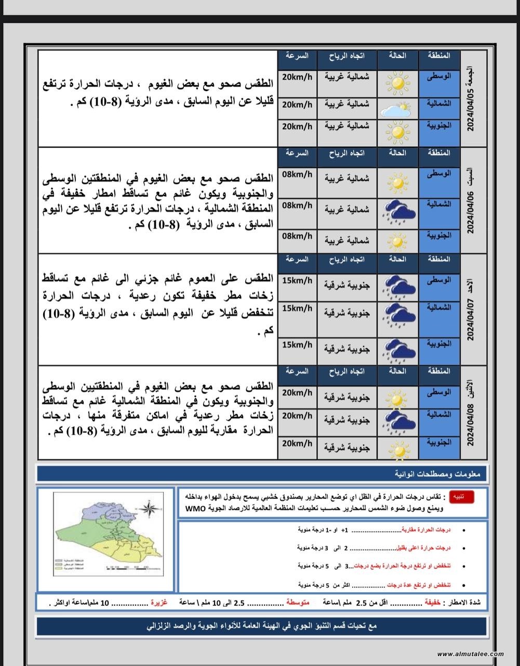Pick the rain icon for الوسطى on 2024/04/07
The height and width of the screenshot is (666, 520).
(398, 285)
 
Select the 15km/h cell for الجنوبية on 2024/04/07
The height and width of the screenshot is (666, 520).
(297, 344)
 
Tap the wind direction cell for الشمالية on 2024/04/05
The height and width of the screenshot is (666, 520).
(347, 104)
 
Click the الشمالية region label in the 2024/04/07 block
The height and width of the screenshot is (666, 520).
(439, 308)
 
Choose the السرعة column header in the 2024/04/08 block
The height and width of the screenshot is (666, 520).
(297, 372)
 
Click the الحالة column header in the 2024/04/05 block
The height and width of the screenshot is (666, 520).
(397, 56)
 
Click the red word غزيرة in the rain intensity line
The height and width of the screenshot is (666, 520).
(158, 603)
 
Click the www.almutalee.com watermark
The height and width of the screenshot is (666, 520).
(470, 654)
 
